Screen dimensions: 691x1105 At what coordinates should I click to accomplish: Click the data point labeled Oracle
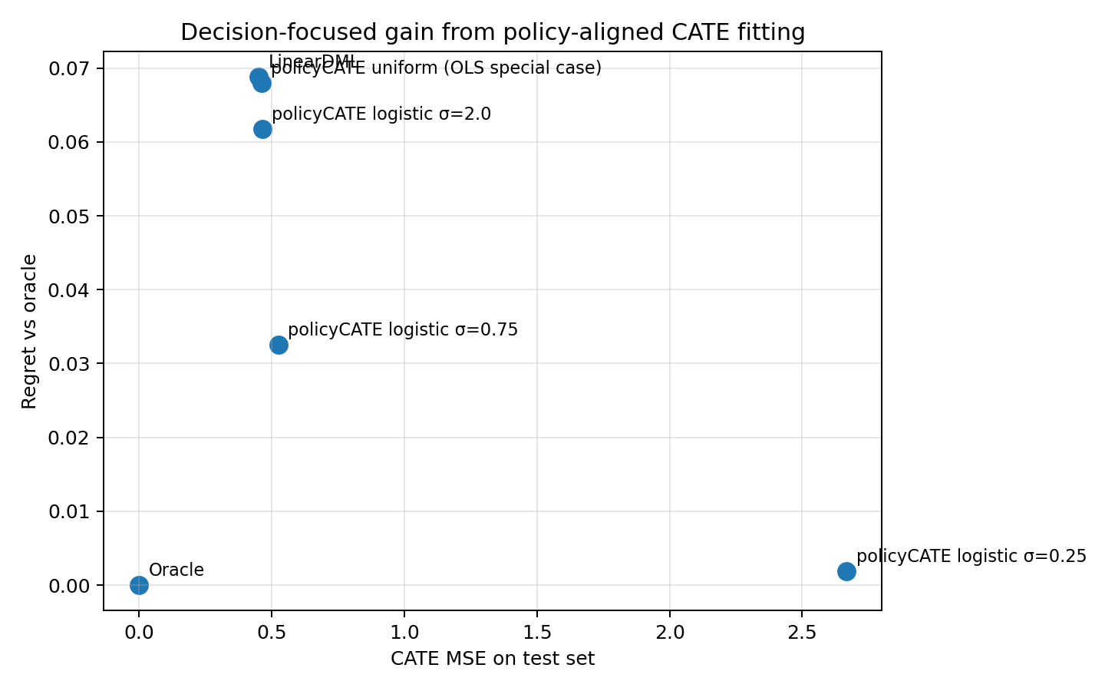pos(139,585)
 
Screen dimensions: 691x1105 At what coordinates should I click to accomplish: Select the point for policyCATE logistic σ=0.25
pos(846,571)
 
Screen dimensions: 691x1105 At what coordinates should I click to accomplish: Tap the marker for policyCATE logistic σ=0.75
pos(279,345)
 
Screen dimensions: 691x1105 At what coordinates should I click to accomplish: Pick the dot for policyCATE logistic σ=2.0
pos(262,129)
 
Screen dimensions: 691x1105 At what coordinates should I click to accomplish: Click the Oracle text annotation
pos(176,570)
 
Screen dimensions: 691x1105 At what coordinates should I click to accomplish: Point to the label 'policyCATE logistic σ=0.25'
pos(971,556)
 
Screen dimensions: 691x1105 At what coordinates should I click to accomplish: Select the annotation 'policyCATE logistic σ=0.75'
pos(403,329)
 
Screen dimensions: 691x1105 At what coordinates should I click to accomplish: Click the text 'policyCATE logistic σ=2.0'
pos(381,114)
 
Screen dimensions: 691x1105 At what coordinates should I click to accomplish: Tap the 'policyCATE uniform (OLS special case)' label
pos(437,68)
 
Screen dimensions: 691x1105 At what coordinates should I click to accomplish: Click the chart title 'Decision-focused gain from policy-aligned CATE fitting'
pos(493,32)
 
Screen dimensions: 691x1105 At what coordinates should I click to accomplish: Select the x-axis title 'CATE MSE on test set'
pos(493,659)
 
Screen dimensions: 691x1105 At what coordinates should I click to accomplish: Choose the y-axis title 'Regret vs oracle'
pos(29,331)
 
